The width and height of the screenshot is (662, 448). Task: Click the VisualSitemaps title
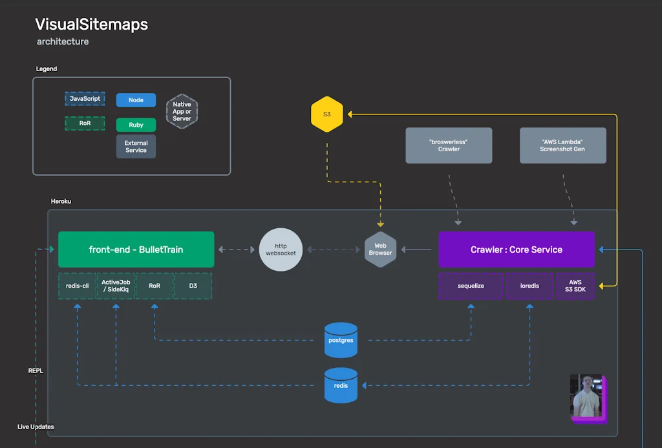point(91,25)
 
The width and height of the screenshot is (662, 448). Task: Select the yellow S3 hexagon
point(326,114)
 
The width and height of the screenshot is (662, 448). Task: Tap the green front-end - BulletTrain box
point(136,250)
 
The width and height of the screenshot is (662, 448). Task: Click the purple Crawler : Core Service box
point(516,250)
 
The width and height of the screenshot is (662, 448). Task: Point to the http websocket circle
point(281,250)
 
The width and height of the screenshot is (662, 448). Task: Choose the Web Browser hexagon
point(380,250)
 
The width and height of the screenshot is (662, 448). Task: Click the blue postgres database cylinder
point(341,339)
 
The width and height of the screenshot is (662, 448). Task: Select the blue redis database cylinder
point(341,385)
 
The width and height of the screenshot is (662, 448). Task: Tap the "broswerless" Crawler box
point(449,145)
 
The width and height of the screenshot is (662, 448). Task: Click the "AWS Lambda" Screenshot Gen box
point(562,145)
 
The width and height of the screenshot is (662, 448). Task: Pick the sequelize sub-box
point(471,286)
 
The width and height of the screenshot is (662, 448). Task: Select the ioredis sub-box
point(529,286)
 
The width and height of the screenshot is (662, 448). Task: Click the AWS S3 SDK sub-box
point(575,286)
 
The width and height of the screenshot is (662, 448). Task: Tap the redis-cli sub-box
point(77,286)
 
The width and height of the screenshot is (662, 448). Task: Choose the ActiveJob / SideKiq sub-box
point(116,286)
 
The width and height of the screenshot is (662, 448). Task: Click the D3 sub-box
point(193,286)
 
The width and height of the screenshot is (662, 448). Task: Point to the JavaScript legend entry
point(85,99)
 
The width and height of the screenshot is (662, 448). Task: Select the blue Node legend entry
point(136,100)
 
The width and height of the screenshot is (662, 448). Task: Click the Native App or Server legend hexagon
point(182,111)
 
